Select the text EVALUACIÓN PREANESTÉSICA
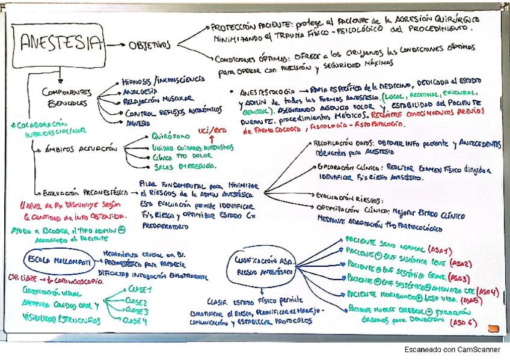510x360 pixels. [x=85, y=193]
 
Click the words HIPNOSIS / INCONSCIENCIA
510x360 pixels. [x=162, y=81]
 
